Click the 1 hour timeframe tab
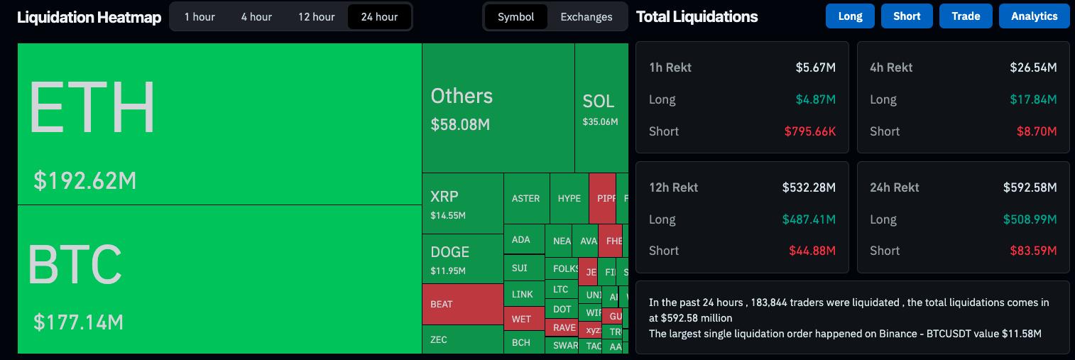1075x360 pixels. click(x=200, y=16)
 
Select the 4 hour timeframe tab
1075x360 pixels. click(x=256, y=16)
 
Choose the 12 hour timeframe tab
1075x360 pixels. click(x=316, y=16)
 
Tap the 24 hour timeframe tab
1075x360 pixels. click(x=379, y=16)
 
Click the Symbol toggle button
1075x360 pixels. click(x=515, y=16)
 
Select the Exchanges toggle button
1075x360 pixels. click(x=586, y=16)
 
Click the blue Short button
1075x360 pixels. click(x=907, y=16)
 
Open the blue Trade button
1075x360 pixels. click(x=966, y=16)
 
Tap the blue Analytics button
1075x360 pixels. click(x=1034, y=16)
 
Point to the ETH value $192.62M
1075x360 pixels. click(x=84, y=181)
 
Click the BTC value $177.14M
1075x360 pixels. click(x=78, y=322)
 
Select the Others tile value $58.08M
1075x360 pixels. click(x=460, y=125)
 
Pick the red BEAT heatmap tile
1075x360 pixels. click(x=462, y=304)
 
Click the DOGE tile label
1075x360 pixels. click(x=449, y=252)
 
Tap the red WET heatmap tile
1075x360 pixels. click(x=523, y=319)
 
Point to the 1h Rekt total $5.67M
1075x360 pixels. click(x=815, y=67)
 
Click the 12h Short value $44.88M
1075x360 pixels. click(x=812, y=251)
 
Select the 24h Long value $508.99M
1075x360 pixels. click(x=1030, y=219)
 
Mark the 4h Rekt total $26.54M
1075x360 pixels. click(x=1033, y=67)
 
